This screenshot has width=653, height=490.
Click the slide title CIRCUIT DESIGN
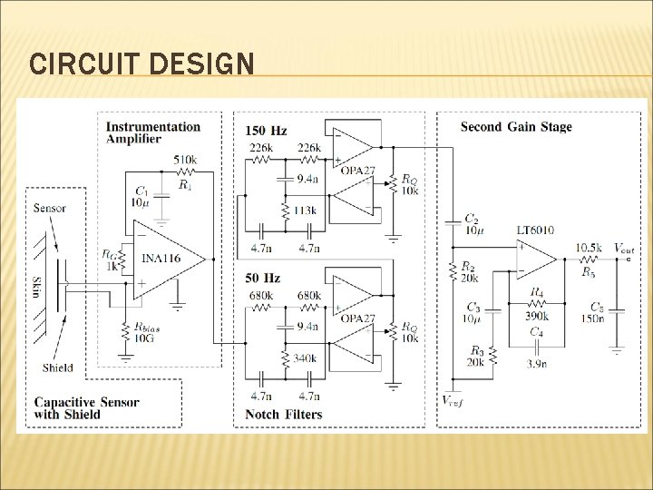tap(141, 64)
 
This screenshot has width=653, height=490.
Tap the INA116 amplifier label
tap(161, 259)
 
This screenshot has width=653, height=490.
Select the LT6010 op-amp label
tap(535, 230)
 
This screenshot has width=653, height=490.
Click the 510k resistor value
tap(186, 160)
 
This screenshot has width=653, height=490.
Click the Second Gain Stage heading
tap(516, 127)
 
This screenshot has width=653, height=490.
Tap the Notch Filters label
tap(283, 415)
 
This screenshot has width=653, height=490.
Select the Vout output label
tap(623, 247)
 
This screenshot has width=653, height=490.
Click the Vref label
tap(453, 400)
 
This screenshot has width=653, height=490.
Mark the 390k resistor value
tap(537, 315)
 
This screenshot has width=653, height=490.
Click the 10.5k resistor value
tap(589, 248)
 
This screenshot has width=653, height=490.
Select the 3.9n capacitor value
tap(536, 363)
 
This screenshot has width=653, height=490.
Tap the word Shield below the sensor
tap(58, 367)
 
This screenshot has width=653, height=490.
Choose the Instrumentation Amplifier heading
tap(151, 132)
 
